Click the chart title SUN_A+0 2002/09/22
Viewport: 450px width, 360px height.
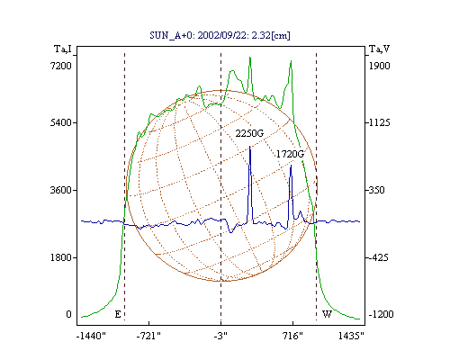(x=220, y=35)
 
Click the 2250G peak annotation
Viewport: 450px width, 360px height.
(x=249, y=133)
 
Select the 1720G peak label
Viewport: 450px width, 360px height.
(x=290, y=154)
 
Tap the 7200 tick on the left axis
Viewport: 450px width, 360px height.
(x=61, y=66)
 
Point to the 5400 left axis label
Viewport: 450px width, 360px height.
(x=61, y=122)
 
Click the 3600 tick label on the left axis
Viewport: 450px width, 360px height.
(x=61, y=190)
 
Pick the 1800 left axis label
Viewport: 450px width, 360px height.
(x=61, y=257)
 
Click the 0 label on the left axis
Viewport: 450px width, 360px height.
(x=68, y=314)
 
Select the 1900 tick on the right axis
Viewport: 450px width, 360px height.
(x=379, y=66)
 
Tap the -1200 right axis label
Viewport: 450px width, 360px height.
(x=381, y=314)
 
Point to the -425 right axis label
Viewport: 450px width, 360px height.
(x=378, y=257)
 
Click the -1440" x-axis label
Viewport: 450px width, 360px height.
(x=91, y=336)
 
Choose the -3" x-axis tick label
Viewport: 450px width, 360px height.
(x=220, y=336)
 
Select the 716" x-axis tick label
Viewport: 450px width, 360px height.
(x=292, y=336)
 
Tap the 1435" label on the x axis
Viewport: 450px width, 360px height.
(x=351, y=336)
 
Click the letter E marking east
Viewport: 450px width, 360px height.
(x=118, y=314)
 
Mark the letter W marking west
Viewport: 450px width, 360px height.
(x=327, y=314)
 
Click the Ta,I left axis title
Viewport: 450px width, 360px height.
(x=63, y=49)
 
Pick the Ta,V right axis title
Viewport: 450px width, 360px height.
(x=379, y=49)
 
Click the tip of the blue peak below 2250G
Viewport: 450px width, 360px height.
(x=250, y=147)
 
